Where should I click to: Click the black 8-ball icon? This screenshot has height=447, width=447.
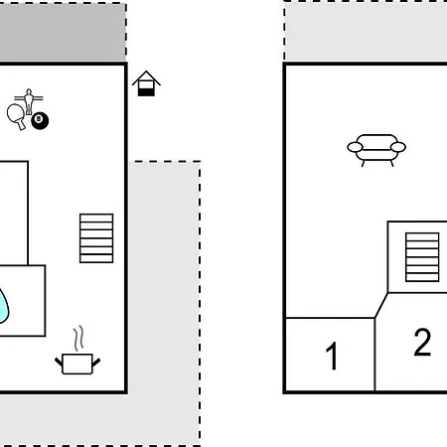pyautogui.click(x=40, y=120)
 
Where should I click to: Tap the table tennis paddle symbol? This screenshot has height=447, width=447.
pyautogui.click(x=16, y=114)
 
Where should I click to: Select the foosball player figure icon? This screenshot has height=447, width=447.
pyautogui.click(x=29, y=100)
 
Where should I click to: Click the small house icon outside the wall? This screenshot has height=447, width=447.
pyautogui.click(x=146, y=83)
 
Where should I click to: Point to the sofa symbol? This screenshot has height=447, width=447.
pyautogui.click(x=376, y=150)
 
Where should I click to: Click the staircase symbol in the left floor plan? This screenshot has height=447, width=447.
pyautogui.click(x=96, y=238)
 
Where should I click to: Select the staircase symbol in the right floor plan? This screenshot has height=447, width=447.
pyautogui.click(x=422, y=257)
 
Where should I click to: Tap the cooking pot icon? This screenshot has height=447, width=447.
pyautogui.click(x=77, y=364)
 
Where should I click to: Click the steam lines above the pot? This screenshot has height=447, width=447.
pyautogui.click(x=78, y=339)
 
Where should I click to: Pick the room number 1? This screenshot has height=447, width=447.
pyautogui.click(x=332, y=356)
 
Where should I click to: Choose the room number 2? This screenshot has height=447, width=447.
pyautogui.click(x=422, y=342)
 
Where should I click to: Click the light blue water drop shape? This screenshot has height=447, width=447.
pyautogui.click(x=3, y=306)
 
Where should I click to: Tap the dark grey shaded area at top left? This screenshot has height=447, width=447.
pyautogui.click(x=63, y=32)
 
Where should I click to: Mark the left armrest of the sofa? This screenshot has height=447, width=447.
pyautogui.click(x=355, y=147)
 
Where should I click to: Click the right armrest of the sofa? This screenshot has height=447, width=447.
pyautogui.click(x=398, y=147)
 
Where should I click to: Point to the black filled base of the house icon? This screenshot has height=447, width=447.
pyautogui.click(x=146, y=92)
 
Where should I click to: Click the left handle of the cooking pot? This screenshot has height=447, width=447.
pyautogui.click(x=59, y=362)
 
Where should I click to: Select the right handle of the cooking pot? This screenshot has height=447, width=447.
pyautogui.click(x=96, y=362)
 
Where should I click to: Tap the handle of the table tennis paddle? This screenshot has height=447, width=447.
pyautogui.click(x=21, y=125)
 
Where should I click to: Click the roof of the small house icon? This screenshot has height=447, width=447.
pyautogui.click(x=146, y=75)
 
